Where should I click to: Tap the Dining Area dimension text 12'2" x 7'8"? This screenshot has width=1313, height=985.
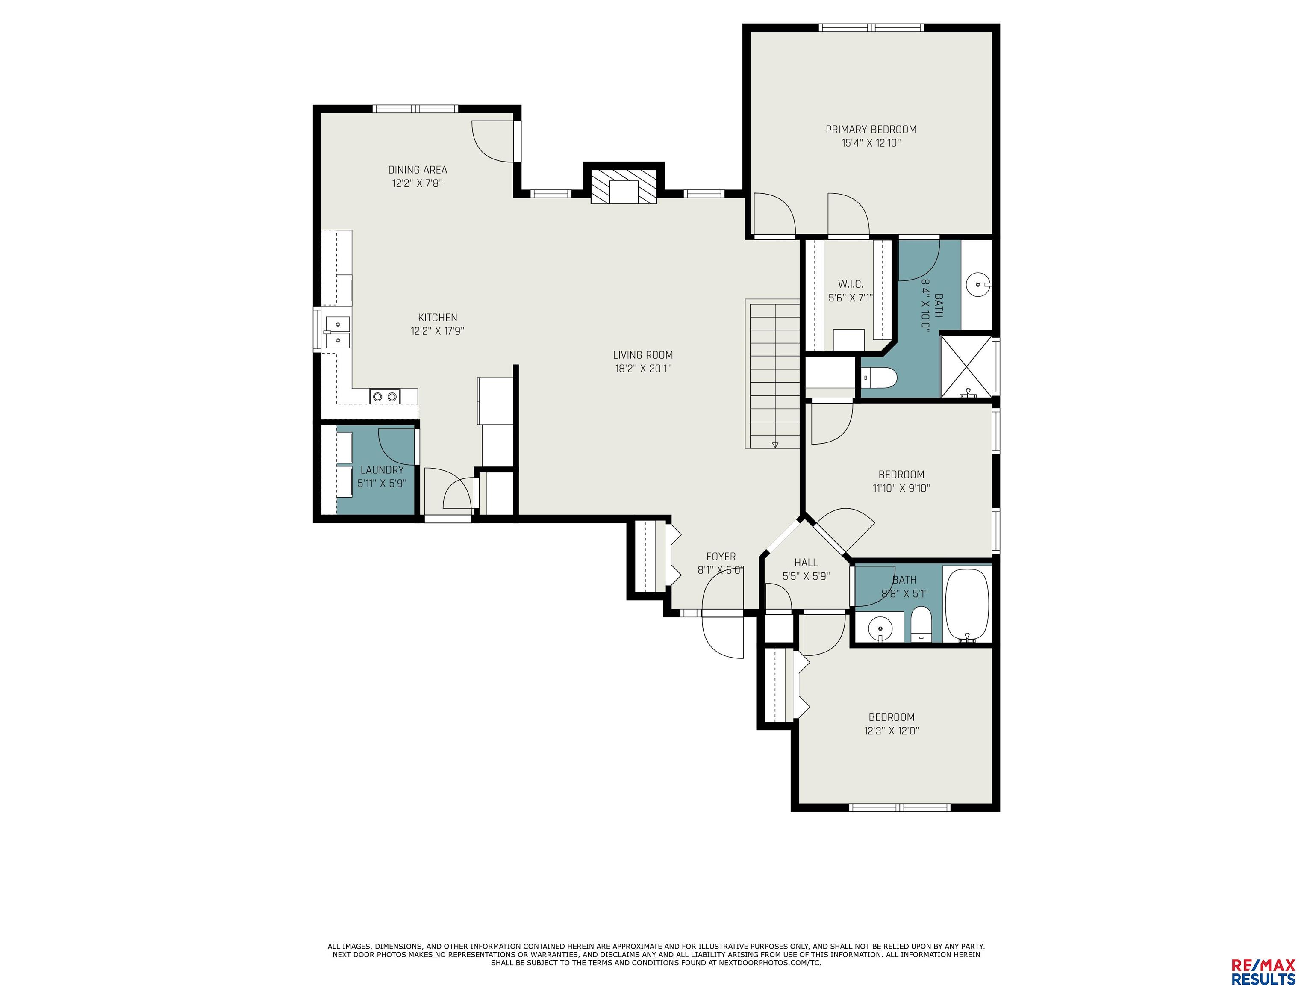pyautogui.click(x=417, y=183)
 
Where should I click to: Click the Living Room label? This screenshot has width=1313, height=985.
pyautogui.click(x=643, y=355)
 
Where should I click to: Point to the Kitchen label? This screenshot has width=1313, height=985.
pyautogui.click(x=438, y=318)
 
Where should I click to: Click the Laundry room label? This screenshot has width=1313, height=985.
pyautogui.click(x=382, y=470)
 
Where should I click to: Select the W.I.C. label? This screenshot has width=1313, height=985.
pyautogui.click(x=851, y=284)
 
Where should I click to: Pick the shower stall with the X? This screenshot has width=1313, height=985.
pyautogui.click(x=966, y=366)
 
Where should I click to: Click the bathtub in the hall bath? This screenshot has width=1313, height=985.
pyautogui.click(x=967, y=605)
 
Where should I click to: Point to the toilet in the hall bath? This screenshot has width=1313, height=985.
pyautogui.click(x=921, y=624)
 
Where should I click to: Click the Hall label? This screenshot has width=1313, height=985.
pyautogui.click(x=806, y=562)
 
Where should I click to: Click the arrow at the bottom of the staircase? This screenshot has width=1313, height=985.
pyautogui.click(x=774, y=445)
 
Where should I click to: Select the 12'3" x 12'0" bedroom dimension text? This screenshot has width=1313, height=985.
pyautogui.click(x=892, y=731)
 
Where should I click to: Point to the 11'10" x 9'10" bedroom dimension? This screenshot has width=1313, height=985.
pyautogui.click(x=901, y=488)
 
